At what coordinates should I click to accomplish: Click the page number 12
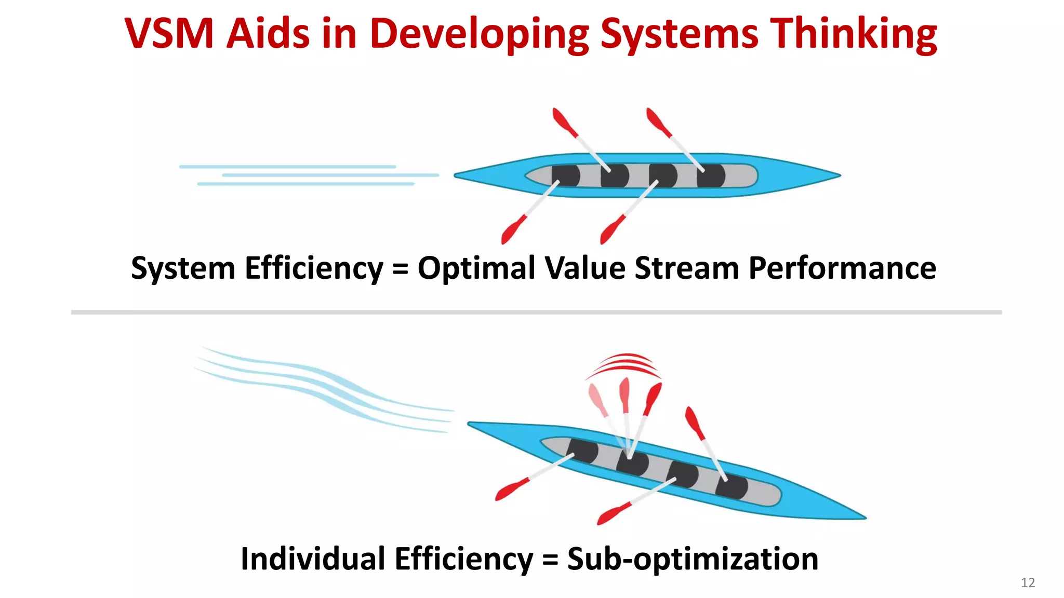[x=1028, y=582]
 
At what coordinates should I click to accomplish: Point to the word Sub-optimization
[x=693, y=559]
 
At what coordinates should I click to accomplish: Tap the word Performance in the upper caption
[x=842, y=268]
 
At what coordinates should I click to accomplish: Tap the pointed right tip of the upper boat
[x=837, y=175]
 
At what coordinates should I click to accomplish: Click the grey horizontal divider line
[x=535, y=312]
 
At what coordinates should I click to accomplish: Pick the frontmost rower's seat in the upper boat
[x=711, y=175]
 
